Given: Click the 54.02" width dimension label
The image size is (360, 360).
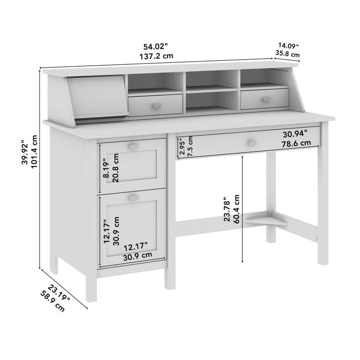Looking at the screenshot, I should tap(156, 46).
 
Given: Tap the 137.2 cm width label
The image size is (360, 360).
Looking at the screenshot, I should tap(156, 56).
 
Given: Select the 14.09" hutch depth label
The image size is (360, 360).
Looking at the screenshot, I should tap(288, 46).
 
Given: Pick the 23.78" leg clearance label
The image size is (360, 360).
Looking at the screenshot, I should tap(227, 209).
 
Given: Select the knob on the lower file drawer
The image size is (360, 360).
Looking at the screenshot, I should tap(133, 197).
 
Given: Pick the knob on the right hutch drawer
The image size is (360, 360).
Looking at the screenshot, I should tap(266, 100).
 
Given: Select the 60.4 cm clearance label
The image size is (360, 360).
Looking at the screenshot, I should tap(237, 209).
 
